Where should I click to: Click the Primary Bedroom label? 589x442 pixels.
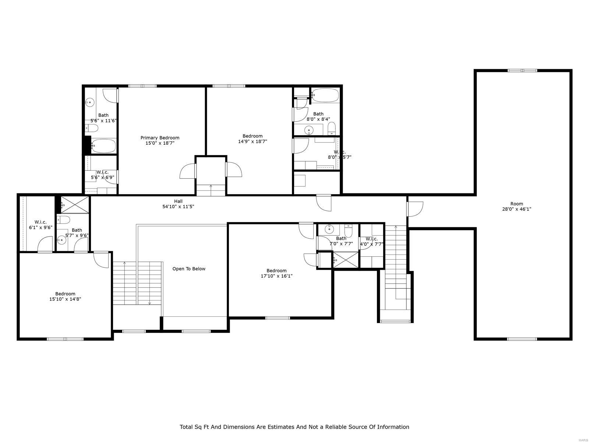point(160,138)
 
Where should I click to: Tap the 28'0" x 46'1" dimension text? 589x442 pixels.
point(516,209)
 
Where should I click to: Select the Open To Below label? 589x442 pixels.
point(189,269)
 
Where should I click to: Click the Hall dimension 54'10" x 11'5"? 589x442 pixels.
point(179,207)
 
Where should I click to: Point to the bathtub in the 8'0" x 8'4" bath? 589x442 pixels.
point(325,95)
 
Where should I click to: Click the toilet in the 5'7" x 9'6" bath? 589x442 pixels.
point(64,220)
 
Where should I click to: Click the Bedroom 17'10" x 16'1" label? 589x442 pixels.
point(276,270)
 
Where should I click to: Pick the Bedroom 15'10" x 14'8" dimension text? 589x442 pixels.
point(65,299)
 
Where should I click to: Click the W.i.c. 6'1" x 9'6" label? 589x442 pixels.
point(40,222)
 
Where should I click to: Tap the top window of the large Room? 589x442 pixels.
point(522,70)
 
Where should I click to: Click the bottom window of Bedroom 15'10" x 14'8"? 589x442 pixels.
point(65,338)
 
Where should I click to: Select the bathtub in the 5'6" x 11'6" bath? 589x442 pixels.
point(104,146)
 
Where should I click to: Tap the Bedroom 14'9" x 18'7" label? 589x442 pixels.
point(253,136)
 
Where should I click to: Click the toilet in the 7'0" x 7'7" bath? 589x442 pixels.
point(348,231)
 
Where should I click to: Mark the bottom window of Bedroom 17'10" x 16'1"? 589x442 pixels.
point(278,318)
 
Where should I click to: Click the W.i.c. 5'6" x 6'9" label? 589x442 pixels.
point(102,172)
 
